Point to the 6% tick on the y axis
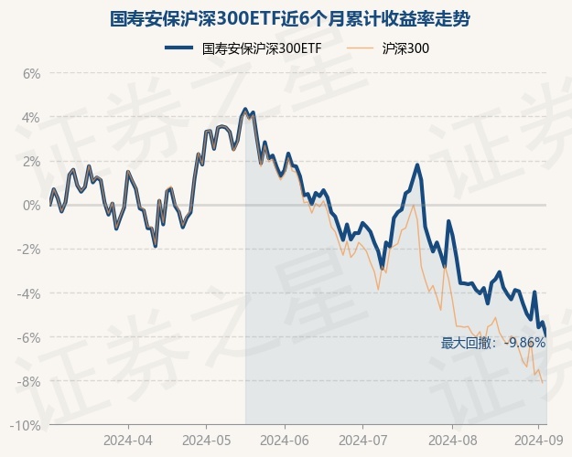(x=32, y=73)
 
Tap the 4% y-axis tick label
(x=32, y=117)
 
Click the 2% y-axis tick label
(x=32, y=161)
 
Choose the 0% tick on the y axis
(x=32, y=205)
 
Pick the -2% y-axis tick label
(x=29, y=250)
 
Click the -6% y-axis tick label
(x=29, y=337)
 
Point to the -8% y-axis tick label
(x=29, y=381)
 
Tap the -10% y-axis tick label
(x=27, y=426)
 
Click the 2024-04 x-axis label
(x=128, y=439)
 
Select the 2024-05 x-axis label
(x=206, y=439)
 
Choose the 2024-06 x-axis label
(x=285, y=439)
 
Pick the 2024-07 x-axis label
(x=362, y=439)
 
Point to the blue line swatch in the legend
(x=179, y=48)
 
